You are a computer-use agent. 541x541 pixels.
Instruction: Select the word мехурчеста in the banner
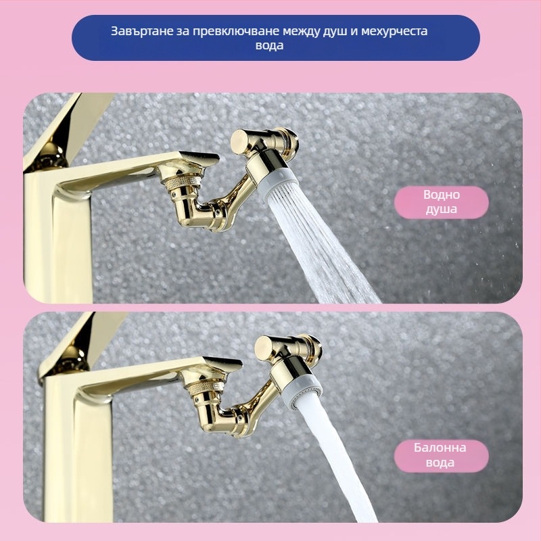point(394,31)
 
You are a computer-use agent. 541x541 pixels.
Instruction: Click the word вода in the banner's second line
point(269,45)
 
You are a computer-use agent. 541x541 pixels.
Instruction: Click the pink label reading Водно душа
point(442,202)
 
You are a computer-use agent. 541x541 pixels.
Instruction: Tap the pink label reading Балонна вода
point(442,455)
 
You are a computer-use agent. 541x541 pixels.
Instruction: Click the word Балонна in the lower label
point(440,448)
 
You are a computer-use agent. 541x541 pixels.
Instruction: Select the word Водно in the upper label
point(442,195)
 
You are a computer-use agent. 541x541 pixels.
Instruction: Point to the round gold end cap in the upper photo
point(240,141)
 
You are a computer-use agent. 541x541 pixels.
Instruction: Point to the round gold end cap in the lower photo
point(264,347)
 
